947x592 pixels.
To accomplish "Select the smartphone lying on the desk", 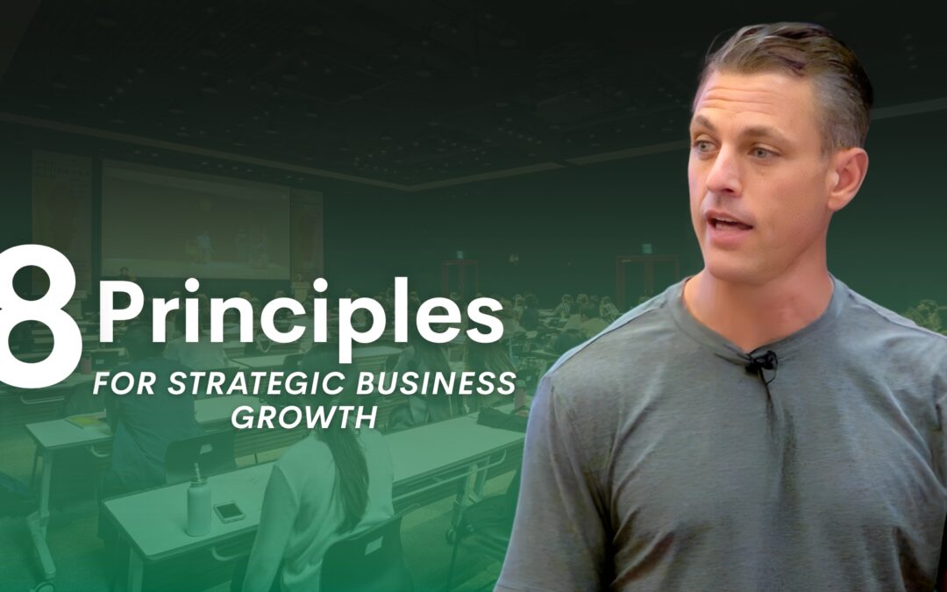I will [x=229, y=512].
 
